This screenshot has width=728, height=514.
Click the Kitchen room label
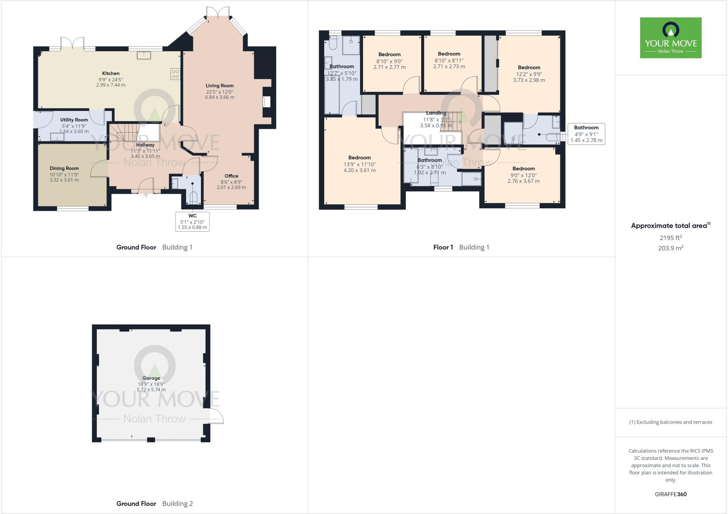click(111, 74)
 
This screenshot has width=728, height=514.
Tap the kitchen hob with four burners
click(176, 74)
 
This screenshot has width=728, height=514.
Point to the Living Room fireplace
click(266, 102)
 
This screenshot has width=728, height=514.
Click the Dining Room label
click(64, 168)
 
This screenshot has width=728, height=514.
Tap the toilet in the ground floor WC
click(193, 197)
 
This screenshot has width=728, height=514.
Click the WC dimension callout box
click(192, 221)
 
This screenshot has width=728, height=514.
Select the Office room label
click(231, 176)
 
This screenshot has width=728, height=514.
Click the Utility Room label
click(74, 120)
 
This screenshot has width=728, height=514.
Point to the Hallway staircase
click(124, 132)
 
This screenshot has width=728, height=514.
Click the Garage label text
click(151, 378)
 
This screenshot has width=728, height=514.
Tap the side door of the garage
click(215, 416)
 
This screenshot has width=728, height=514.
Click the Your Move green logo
click(670, 38)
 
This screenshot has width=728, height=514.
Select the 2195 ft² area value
click(670, 238)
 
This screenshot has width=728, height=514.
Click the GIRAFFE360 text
click(670, 494)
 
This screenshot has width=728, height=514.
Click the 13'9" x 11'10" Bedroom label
click(359, 158)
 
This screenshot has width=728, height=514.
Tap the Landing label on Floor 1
click(436, 113)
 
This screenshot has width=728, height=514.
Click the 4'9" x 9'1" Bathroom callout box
click(586, 134)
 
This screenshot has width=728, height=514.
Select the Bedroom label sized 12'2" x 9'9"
click(529, 68)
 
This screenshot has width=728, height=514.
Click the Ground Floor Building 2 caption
click(154, 503)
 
